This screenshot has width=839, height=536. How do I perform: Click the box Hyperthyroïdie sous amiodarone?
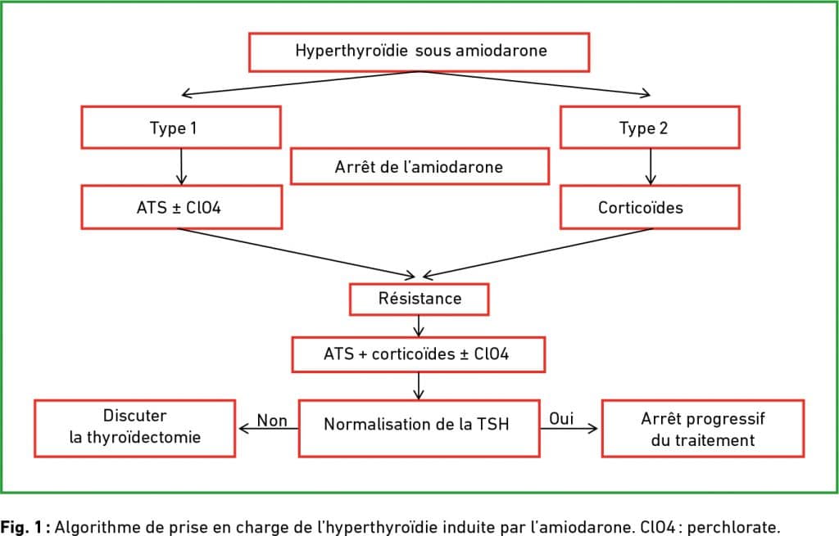(x=419, y=52)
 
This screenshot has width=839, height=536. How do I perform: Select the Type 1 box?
(x=181, y=127)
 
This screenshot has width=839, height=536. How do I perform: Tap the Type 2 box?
(x=650, y=127)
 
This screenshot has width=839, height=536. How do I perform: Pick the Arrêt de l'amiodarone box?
(x=419, y=166)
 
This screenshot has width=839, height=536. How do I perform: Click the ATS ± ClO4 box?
(x=181, y=207)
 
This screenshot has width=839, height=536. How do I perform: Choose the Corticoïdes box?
(x=650, y=207)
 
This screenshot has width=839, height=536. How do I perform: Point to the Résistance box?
(x=419, y=299)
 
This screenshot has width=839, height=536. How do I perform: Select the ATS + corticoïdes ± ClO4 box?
(x=419, y=354)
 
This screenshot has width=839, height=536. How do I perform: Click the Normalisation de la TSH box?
(x=419, y=428)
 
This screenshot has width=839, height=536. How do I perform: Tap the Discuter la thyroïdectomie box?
(x=135, y=428)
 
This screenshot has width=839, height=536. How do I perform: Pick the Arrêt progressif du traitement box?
(x=702, y=428)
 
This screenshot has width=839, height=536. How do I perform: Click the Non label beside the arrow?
(x=272, y=421)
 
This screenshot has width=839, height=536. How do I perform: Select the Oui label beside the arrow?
(x=561, y=418)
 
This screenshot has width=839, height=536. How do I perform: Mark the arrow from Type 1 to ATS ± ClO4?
(x=181, y=167)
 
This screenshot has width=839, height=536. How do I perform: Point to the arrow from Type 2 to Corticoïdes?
(x=651, y=167)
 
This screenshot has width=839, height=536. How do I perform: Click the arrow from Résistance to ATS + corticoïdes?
(x=419, y=326)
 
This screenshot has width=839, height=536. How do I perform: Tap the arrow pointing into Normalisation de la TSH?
(x=419, y=385)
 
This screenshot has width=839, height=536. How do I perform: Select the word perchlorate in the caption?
(x=732, y=528)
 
